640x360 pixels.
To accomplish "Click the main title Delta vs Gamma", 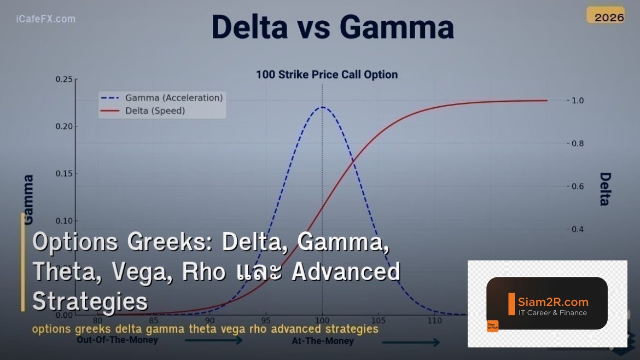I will pyautogui.click(x=333, y=27).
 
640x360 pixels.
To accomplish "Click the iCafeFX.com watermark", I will pyautogui.click(x=46, y=19).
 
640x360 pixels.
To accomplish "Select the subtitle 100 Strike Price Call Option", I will pyautogui.click(x=327, y=74).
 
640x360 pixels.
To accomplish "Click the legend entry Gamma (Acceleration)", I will pyautogui.click(x=173, y=98).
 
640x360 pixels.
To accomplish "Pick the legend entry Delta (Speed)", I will pyautogui.click(x=155, y=111).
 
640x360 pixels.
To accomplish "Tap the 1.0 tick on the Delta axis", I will pyautogui.click(x=578, y=101).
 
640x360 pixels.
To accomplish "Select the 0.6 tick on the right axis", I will pyautogui.click(x=578, y=187).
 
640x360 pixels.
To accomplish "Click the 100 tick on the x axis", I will pyautogui.click(x=322, y=321).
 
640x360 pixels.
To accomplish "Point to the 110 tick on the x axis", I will pyautogui.click(x=435, y=321).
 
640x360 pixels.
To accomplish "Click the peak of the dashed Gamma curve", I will pyautogui.click(x=322, y=107).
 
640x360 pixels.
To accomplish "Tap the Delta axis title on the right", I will pyautogui.click(x=604, y=189).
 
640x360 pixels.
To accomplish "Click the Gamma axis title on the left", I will pyautogui.click(x=28, y=199).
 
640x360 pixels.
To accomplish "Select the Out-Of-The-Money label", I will pyautogui.click(x=117, y=340).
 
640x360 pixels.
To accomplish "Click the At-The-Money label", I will pyautogui.click(x=322, y=341).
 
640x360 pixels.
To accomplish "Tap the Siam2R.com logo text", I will pyautogui.click(x=553, y=301).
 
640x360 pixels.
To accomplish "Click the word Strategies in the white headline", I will pyautogui.click(x=90, y=301).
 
